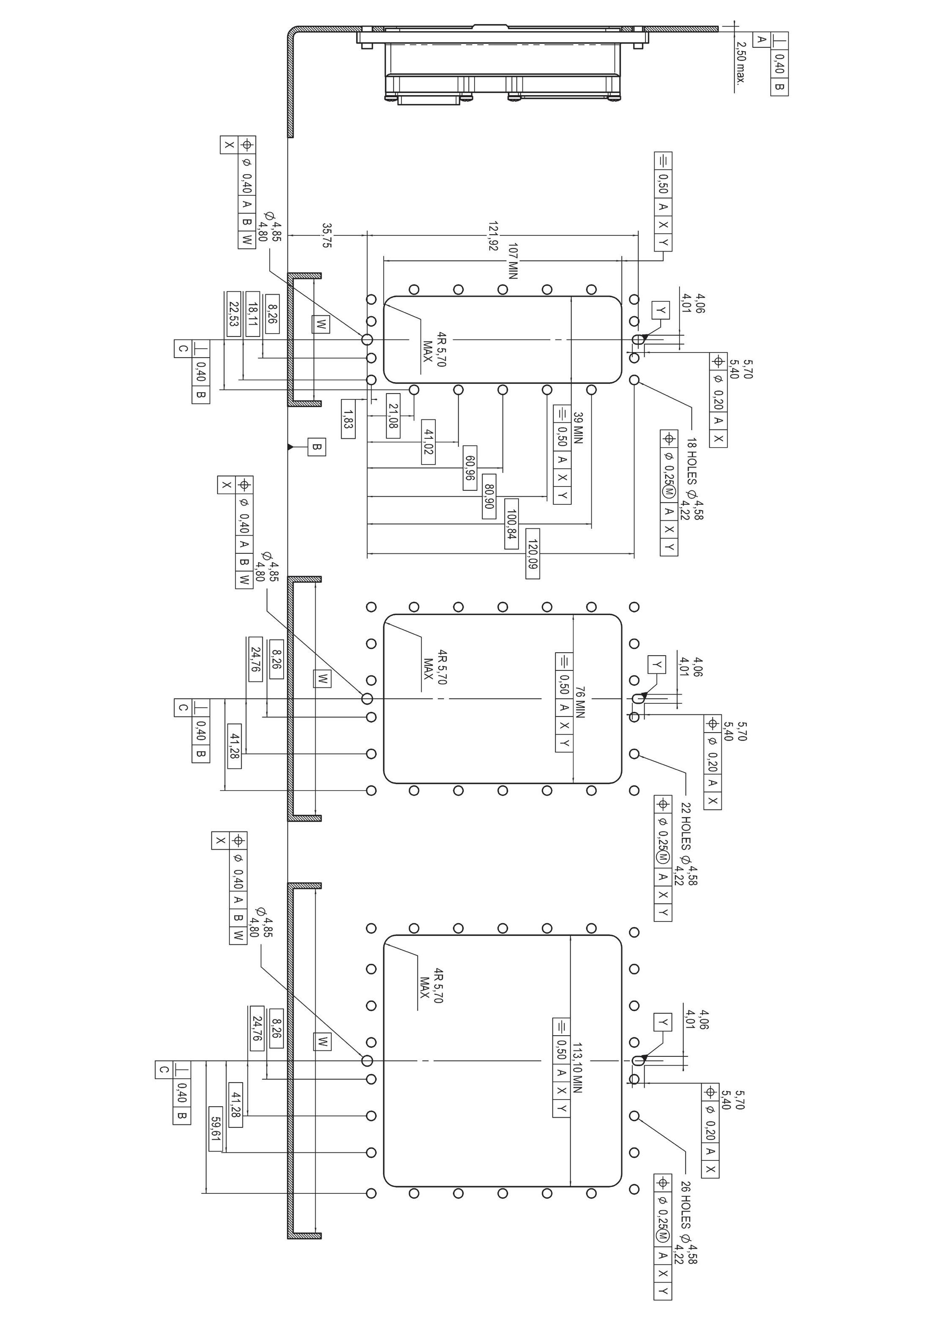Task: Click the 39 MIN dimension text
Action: click(578, 427)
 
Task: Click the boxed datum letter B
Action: click(316, 446)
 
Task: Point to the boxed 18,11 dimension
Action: click(252, 314)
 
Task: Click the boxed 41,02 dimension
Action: click(428, 441)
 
